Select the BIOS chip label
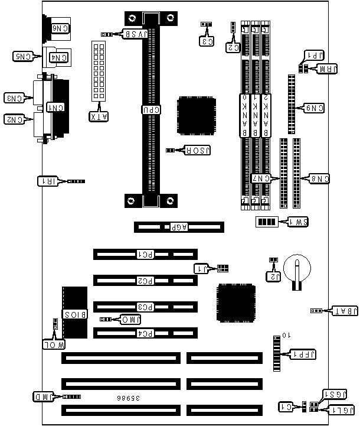(75, 315)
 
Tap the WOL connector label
(54, 344)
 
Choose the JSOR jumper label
(198, 151)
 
